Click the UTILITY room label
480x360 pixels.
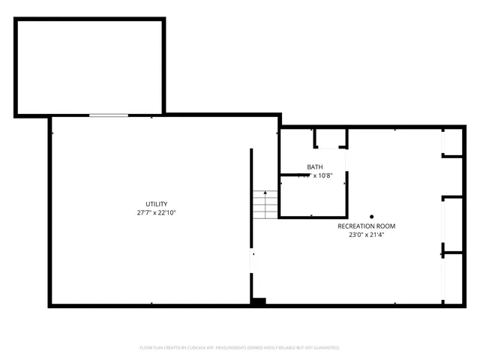[x=156, y=204]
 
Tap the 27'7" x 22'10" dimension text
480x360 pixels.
[x=156, y=213]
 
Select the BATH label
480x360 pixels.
[x=315, y=166]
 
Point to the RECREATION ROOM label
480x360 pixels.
[x=366, y=226]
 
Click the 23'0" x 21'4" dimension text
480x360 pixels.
[x=366, y=235]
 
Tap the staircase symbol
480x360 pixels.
[x=265, y=204]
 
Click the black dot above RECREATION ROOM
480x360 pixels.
[x=370, y=216]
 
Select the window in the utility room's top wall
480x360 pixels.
[x=109, y=115]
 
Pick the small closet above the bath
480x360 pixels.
[x=330, y=138]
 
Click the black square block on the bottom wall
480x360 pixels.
[x=258, y=301]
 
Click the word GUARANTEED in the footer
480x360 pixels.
[x=326, y=348]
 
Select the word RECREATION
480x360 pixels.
[x=355, y=226]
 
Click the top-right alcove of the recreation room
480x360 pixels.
[x=453, y=142]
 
